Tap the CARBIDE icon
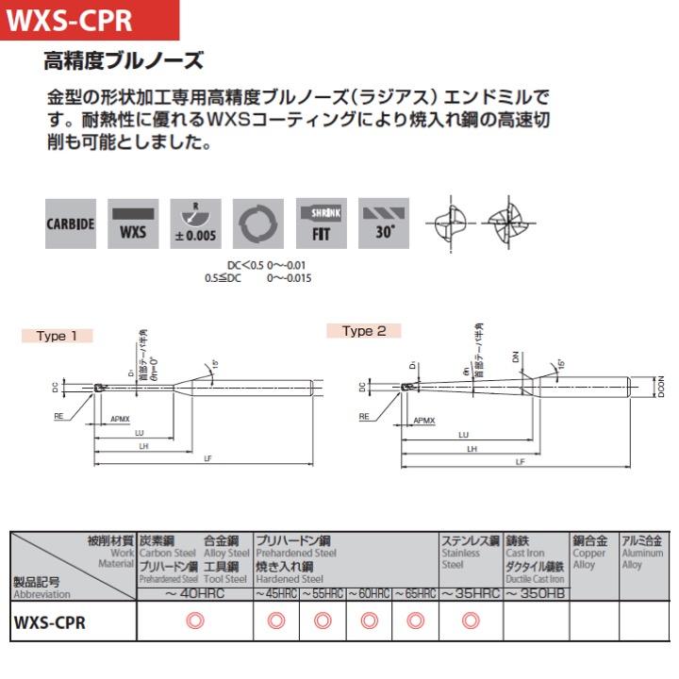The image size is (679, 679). [71, 224]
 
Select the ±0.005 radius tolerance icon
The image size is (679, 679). [195, 224]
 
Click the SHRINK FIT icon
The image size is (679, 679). [321, 224]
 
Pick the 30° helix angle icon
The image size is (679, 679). [384, 224]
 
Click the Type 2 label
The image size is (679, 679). [364, 331]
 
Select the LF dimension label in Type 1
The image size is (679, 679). [207, 458]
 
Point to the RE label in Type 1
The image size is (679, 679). [58, 414]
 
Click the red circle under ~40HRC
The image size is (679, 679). [195, 621]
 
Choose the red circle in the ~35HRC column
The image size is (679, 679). [471, 621]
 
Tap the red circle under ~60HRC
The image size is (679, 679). [370, 621]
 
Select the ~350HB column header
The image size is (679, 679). [535, 593]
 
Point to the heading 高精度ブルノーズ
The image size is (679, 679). [124, 62]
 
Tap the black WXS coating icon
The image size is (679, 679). [133, 224]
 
